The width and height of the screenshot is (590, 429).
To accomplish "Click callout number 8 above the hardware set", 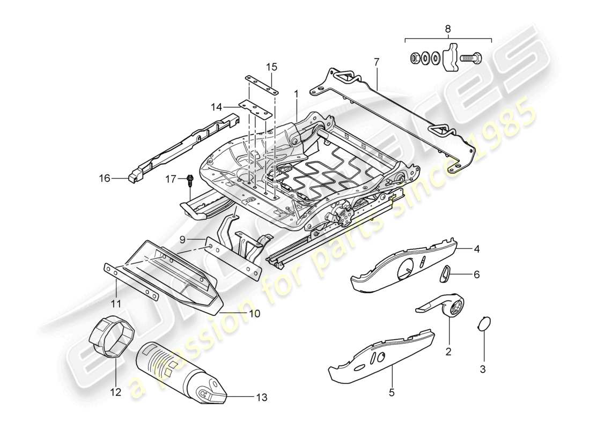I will tap(448, 29).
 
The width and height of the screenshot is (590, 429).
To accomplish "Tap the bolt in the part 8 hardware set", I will tap(470, 56).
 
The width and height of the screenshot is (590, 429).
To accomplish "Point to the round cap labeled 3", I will tap(484, 324).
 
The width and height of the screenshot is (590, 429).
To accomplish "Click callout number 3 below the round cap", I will tap(482, 369).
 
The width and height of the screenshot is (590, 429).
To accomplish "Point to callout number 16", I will tap(105, 178).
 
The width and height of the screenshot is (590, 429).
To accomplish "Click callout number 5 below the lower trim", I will tap(391, 393).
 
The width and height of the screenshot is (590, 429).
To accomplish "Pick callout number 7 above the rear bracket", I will tap(377, 62).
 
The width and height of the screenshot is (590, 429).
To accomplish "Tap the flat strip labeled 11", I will tap(132, 282).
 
